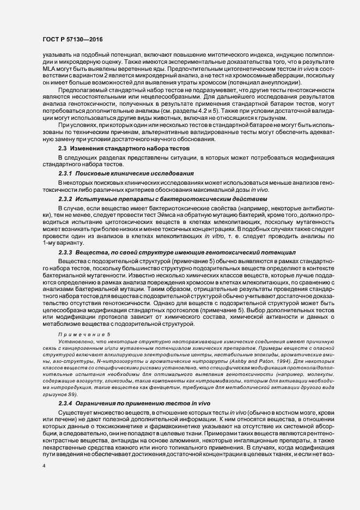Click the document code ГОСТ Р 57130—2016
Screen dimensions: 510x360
point(71,39)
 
